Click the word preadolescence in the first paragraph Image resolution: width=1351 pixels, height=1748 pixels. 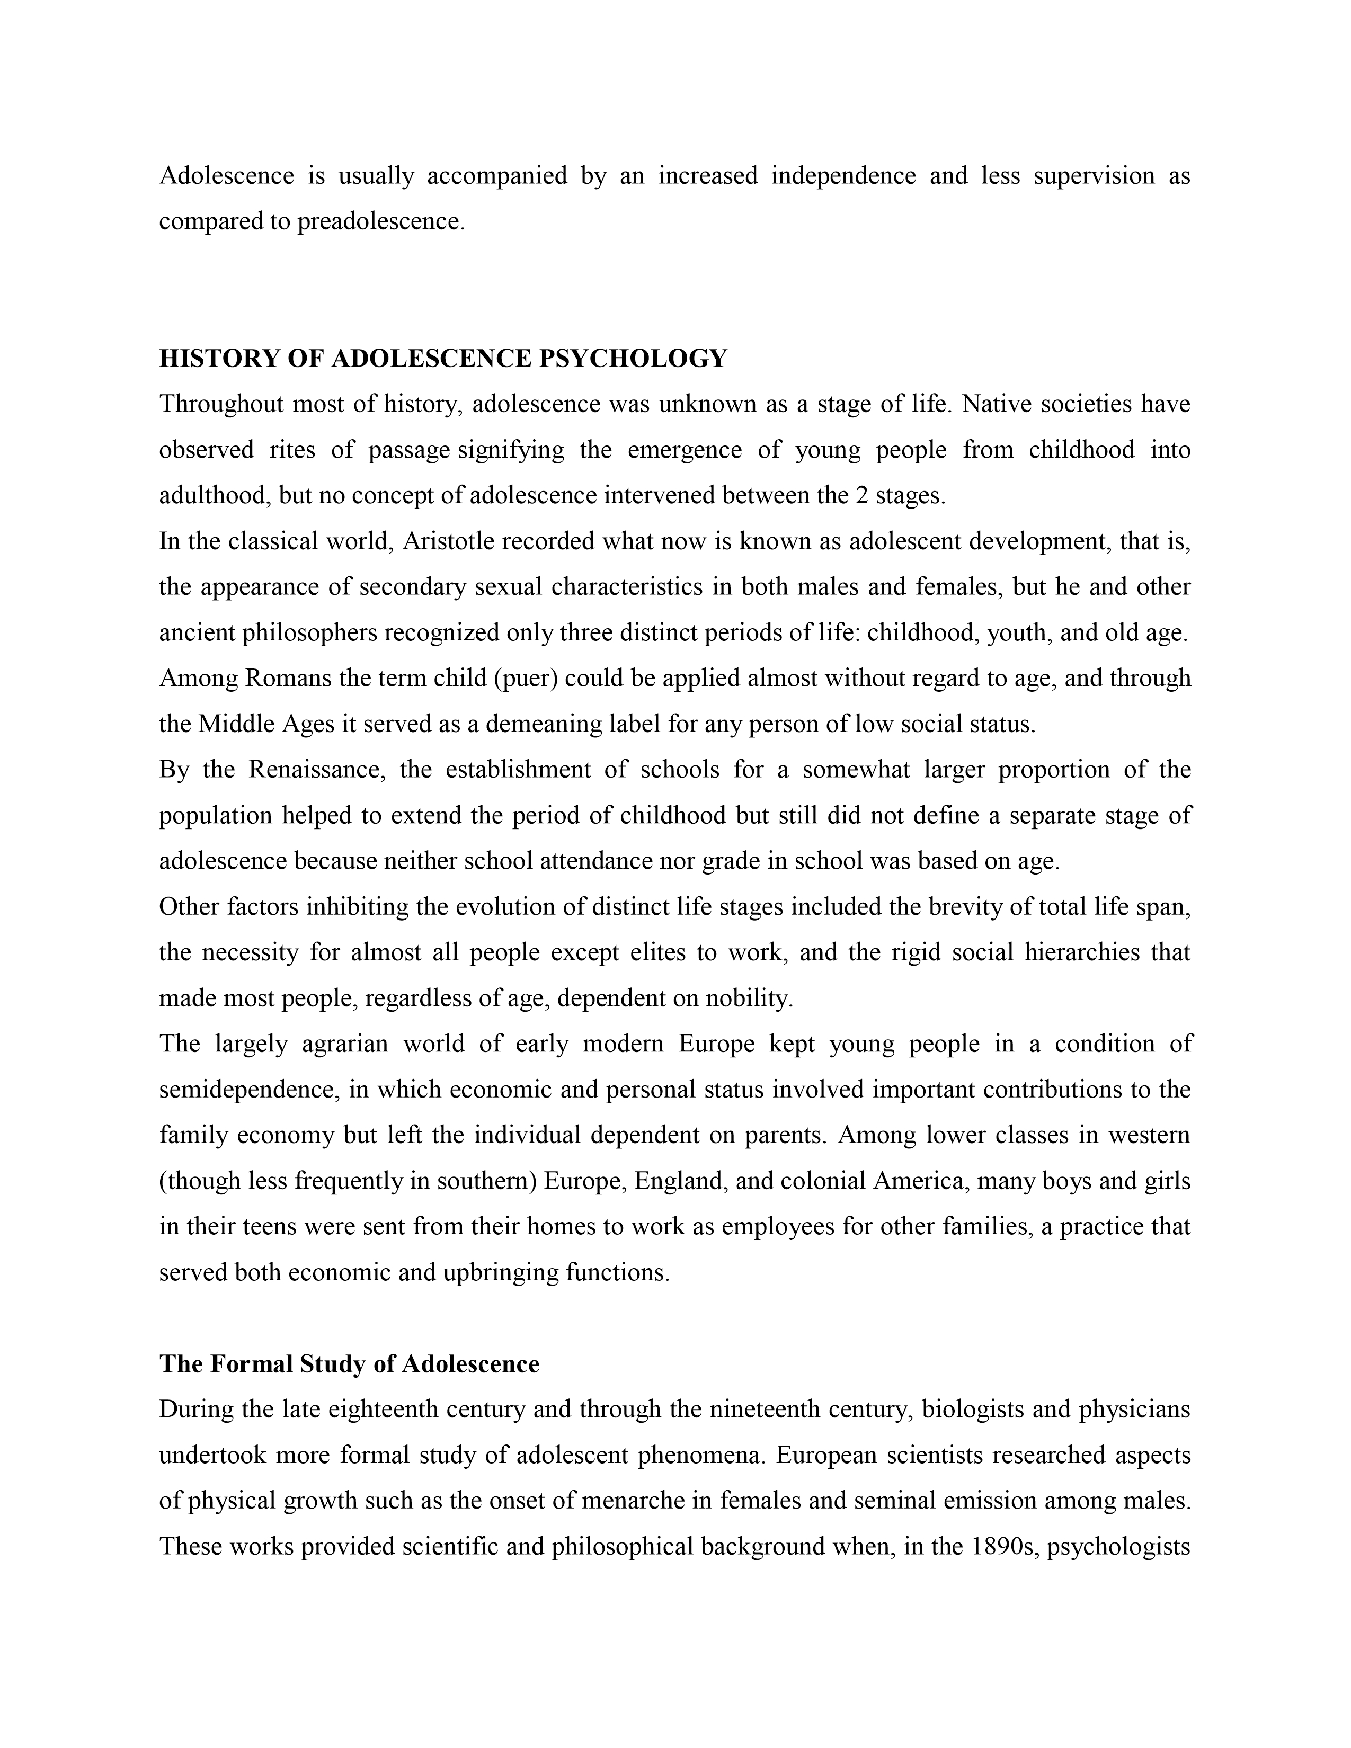[380, 221]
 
